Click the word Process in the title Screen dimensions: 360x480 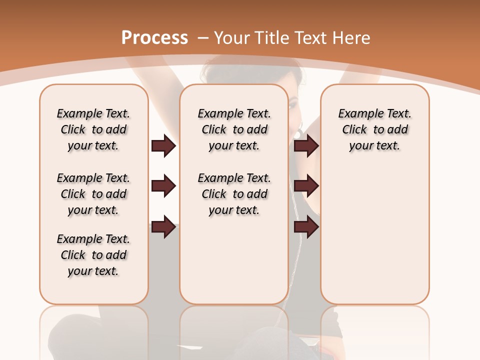[x=154, y=37]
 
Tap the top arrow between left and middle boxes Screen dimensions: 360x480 [x=163, y=146]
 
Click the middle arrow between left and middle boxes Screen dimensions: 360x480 [x=163, y=186]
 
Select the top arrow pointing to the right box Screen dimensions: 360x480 [x=306, y=146]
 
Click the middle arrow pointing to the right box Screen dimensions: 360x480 [x=306, y=186]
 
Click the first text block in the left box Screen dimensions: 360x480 [x=93, y=129]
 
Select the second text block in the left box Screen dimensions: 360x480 [x=93, y=194]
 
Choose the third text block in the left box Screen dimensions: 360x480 [x=93, y=255]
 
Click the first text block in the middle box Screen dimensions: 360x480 [x=234, y=129]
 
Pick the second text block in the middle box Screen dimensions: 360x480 [x=234, y=194]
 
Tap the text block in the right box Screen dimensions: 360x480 [x=374, y=129]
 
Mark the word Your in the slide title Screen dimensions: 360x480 [x=233, y=37]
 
